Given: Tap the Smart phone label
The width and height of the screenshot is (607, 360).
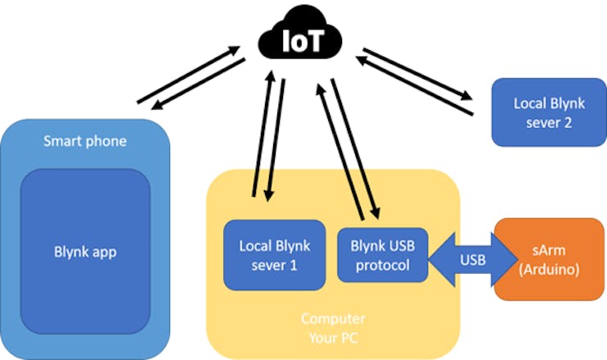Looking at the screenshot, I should (x=84, y=141).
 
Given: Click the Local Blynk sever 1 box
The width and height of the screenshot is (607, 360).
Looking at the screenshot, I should (x=274, y=253).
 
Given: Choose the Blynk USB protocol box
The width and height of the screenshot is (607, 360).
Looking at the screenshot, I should (x=381, y=253).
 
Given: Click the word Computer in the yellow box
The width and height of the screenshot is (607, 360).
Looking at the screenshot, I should (x=332, y=318).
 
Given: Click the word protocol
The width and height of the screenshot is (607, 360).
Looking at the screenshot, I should (x=381, y=264).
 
